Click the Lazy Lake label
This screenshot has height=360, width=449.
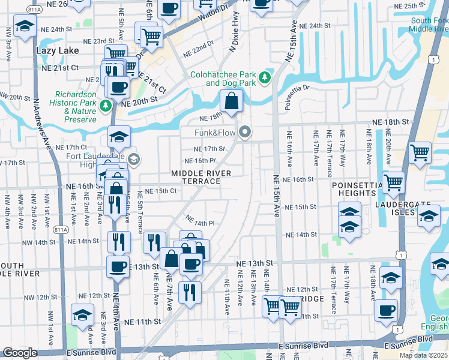point(59,50)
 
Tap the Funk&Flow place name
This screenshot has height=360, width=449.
point(214,133)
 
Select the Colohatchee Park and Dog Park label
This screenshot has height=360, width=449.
point(223,79)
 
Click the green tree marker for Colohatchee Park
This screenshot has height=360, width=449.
point(264,77)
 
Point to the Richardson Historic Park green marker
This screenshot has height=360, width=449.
point(106,106)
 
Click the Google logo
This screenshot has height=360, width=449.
point(20,353)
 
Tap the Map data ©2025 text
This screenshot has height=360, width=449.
point(424,355)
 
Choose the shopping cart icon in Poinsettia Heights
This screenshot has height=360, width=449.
point(394,181)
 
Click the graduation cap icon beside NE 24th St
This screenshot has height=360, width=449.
point(25,26)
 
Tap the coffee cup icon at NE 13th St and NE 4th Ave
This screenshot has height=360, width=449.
point(118,265)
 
